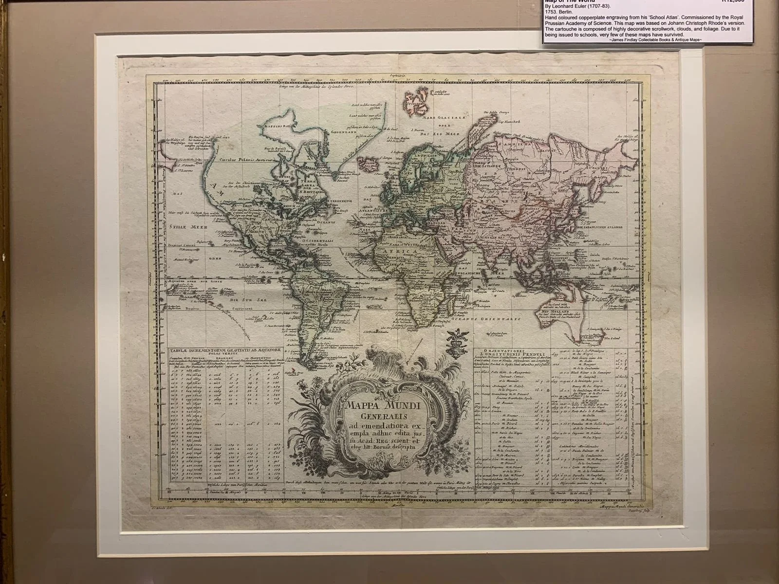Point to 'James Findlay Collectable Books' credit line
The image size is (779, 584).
coord(655,39)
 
